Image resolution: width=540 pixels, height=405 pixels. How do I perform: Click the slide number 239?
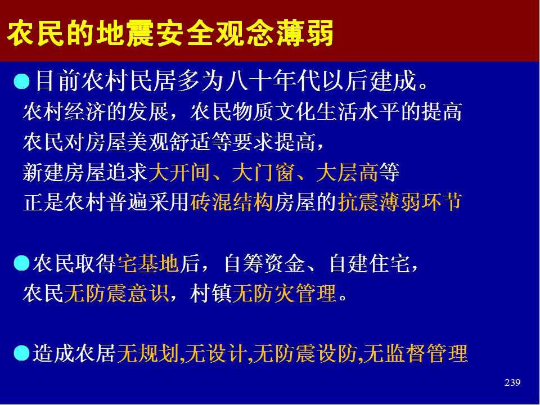(x=512, y=382)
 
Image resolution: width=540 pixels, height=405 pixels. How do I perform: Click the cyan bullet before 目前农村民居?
(x=22, y=82)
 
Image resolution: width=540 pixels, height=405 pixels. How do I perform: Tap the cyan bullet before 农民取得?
(x=22, y=263)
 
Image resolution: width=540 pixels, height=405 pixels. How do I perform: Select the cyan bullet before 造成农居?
(x=22, y=354)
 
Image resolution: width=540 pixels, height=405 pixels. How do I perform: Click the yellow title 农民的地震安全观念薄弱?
(x=170, y=33)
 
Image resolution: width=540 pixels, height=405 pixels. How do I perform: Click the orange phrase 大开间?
(x=179, y=173)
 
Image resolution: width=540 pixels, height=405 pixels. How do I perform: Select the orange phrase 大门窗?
(x=263, y=173)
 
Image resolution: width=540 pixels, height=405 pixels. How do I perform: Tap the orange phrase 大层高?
(x=347, y=173)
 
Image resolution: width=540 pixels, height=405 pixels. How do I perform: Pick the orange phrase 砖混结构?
(x=232, y=202)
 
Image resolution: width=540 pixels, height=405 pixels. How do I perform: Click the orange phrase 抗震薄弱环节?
(x=399, y=202)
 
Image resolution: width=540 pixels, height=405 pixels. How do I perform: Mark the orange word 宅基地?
(x=148, y=263)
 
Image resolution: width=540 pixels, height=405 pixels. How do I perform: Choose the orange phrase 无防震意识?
(x=116, y=294)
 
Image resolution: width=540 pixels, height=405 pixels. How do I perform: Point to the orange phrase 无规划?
(x=148, y=354)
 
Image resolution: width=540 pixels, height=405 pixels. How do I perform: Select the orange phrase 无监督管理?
(x=416, y=354)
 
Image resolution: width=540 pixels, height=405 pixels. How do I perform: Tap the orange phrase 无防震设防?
(x=304, y=354)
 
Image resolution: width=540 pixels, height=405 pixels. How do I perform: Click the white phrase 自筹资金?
(x=265, y=263)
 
